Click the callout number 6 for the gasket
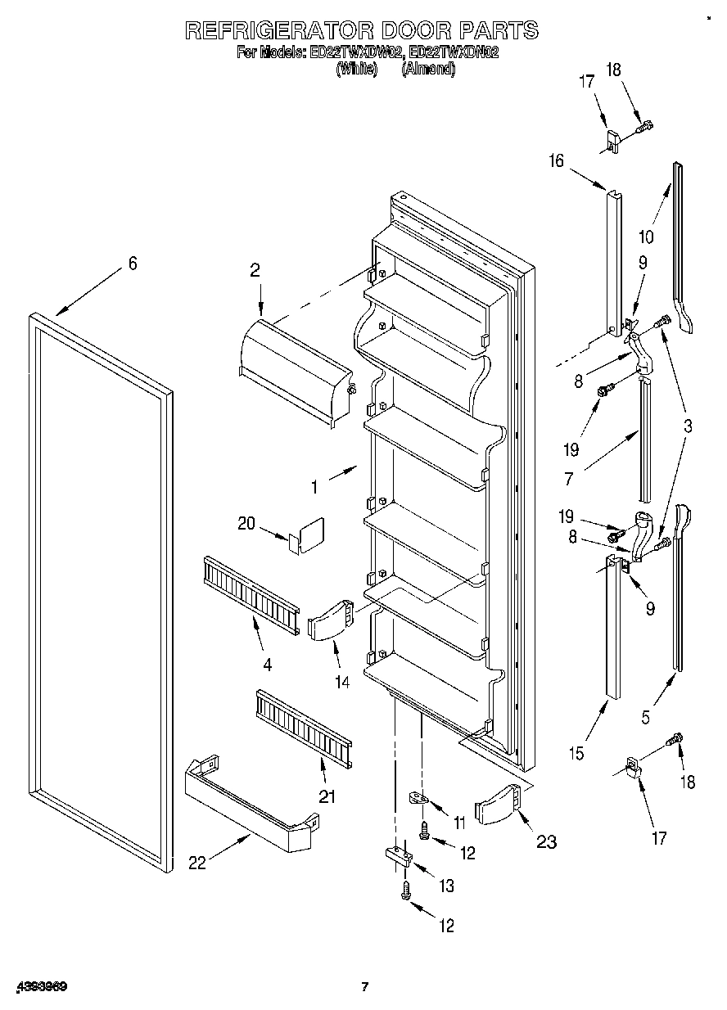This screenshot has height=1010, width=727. point(132,264)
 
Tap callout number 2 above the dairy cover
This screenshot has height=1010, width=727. point(255,269)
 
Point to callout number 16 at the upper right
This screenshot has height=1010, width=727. point(556,161)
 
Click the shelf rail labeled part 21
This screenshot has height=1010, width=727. point(303,726)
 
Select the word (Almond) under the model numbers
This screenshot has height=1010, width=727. point(427,70)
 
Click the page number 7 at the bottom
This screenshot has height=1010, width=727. point(366,986)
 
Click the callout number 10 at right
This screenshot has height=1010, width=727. point(646,237)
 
